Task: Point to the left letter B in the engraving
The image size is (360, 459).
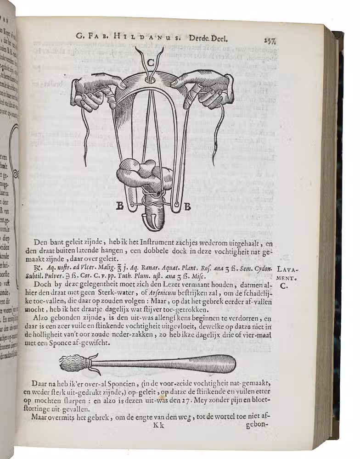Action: pyautogui.click(x=120, y=206)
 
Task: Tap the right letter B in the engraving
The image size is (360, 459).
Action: pyautogui.click(x=187, y=207)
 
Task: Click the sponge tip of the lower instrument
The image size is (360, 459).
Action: pyautogui.click(x=73, y=364)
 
